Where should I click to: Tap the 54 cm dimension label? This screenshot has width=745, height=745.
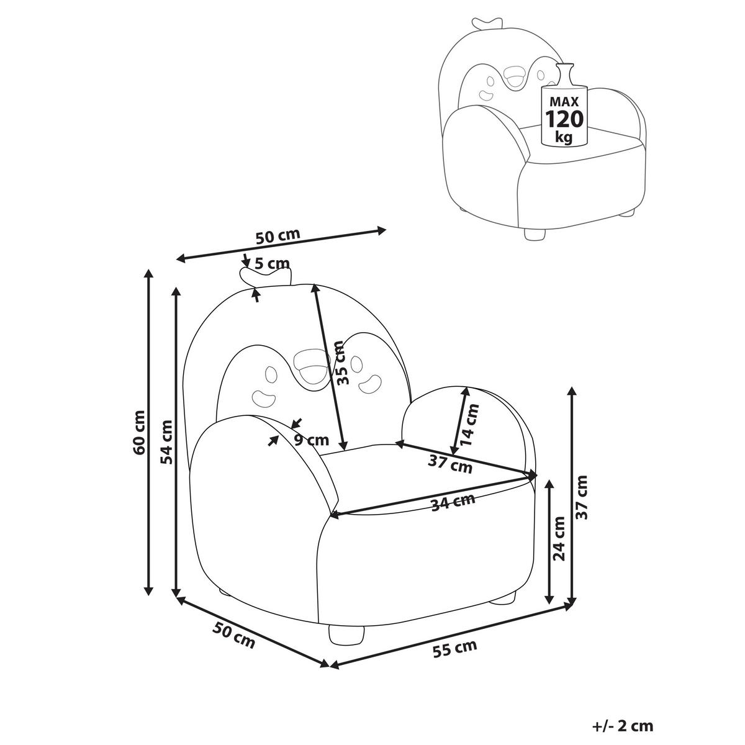coord(166,442)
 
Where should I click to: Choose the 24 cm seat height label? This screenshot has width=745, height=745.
coord(561,538)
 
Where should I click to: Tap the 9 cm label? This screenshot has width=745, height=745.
coord(311,441)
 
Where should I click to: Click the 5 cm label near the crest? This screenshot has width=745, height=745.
coord(272,263)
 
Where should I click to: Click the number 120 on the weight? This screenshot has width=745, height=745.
coord(564,119)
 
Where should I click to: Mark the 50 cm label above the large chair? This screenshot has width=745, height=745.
coord(278,237)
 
